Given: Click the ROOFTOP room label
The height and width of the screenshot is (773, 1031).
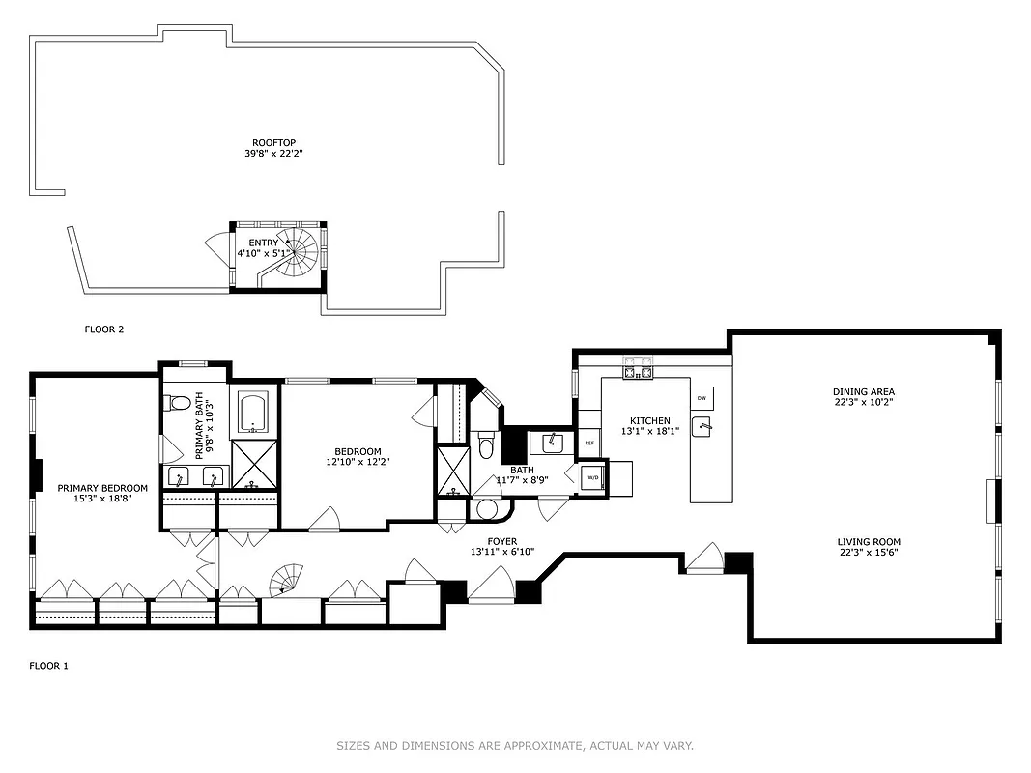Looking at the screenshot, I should pyautogui.click(x=267, y=142).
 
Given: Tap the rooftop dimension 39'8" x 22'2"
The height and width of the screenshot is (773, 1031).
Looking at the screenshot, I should pyautogui.click(x=267, y=153).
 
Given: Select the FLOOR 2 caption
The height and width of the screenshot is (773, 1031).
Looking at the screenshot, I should pyautogui.click(x=104, y=329).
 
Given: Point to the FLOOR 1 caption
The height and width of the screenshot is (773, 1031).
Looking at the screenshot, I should pyautogui.click(x=48, y=666).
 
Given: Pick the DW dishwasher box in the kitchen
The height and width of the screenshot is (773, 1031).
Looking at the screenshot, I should pyautogui.click(x=702, y=398).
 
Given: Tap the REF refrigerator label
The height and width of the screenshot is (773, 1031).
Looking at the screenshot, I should pyautogui.click(x=588, y=444).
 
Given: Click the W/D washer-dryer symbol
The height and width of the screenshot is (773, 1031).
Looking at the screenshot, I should pyautogui.click(x=592, y=476).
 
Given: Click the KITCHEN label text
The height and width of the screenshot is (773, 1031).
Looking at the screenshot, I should pyautogui.click(x=650, y=420).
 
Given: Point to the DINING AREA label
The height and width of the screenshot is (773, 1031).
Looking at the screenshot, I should pyautogui.click(x=864, y=391).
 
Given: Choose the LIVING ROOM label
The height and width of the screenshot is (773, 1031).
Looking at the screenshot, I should pyautogui.click(x=864, y=542).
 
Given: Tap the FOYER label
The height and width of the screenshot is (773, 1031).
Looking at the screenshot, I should pyautogui.click(x=501, y=541).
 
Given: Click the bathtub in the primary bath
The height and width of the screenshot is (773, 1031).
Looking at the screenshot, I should pyautogui.click(x=254, y=412).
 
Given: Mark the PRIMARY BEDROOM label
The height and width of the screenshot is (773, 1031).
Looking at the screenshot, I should pyautogui.click(x=102, y=488).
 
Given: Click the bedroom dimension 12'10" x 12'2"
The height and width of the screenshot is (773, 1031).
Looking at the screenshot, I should pyautogui.click(x=358, y=463).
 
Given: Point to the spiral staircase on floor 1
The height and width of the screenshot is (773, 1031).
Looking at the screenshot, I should pyautogui.click(x=286, y=580).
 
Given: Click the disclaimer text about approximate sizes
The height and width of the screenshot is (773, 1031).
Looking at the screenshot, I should pyautogui.click(x=515, y=745).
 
